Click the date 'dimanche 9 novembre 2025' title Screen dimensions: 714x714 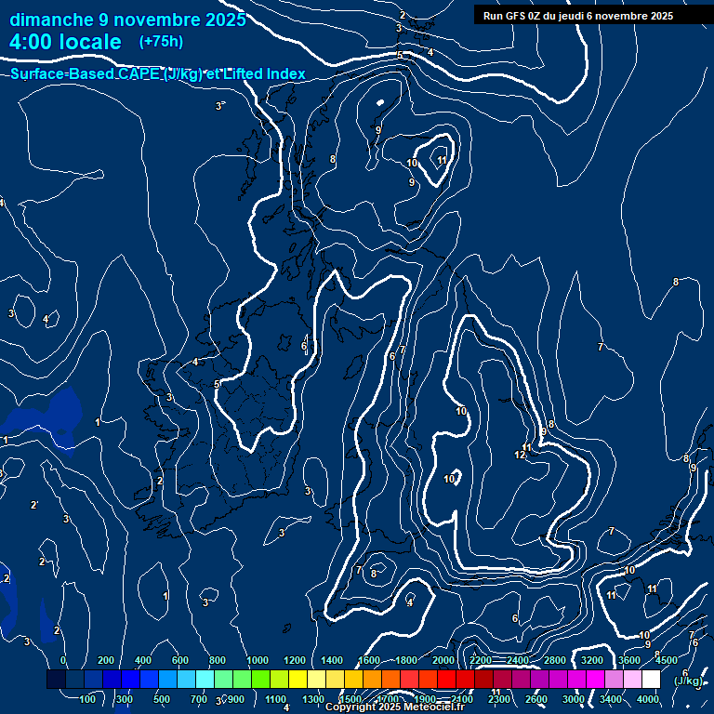click(127, 20)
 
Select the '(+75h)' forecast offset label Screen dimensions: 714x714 click(161, 42)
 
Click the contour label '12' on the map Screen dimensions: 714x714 click(520, 455)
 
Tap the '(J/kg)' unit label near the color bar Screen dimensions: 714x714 click(688, 681)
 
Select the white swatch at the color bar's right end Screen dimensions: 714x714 click(651, 680)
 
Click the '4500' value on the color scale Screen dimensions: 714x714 click(667, 660)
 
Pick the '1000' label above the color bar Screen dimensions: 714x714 click(258, 660)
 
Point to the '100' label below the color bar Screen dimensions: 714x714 click(88, 699)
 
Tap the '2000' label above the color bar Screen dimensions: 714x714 click(443, 660)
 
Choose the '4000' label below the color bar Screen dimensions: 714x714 click(648, 699)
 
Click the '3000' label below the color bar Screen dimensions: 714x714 click(574, 699)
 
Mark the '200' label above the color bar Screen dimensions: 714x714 click(106, 660)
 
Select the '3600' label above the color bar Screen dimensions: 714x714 click(629, 660)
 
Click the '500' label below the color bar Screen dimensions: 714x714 click(162, 699)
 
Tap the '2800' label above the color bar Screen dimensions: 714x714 click(555, 660)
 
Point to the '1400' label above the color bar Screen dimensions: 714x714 click(332, 660)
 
